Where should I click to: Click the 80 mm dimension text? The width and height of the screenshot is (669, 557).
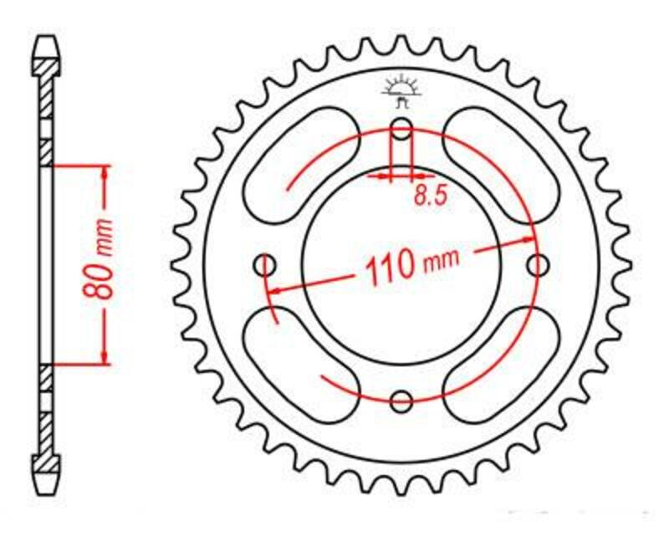pyautogui.click(x=102, y=264)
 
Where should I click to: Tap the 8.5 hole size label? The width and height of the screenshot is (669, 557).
pyautogui.click(x=431, y=196)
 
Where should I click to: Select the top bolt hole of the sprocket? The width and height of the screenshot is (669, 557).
pyautogui.click(x=401, y=130)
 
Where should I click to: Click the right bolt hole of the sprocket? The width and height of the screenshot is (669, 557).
pyautogui.click(x=539, y=265)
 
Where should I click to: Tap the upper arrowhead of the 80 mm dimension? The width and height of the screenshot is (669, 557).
pyautogui.click(x=105, y=171)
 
